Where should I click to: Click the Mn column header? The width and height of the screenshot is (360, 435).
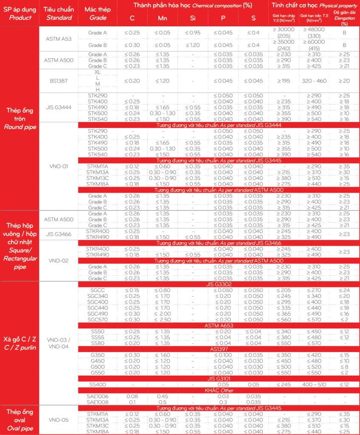point(162,19)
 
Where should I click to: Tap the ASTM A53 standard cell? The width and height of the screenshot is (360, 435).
point(59,39)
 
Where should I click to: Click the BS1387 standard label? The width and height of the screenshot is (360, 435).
point(59,81)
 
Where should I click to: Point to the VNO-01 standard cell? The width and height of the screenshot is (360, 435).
point(59,167)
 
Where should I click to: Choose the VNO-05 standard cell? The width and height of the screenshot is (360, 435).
point(59,420)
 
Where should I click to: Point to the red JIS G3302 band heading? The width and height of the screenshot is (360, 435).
point(219,284)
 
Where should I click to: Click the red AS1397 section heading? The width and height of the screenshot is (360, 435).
point(219,349)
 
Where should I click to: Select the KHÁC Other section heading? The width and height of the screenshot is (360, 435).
point(219,390)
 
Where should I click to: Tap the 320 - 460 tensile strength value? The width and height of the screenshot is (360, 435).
point(314,81)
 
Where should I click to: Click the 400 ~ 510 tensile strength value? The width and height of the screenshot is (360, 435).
point(314,384)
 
